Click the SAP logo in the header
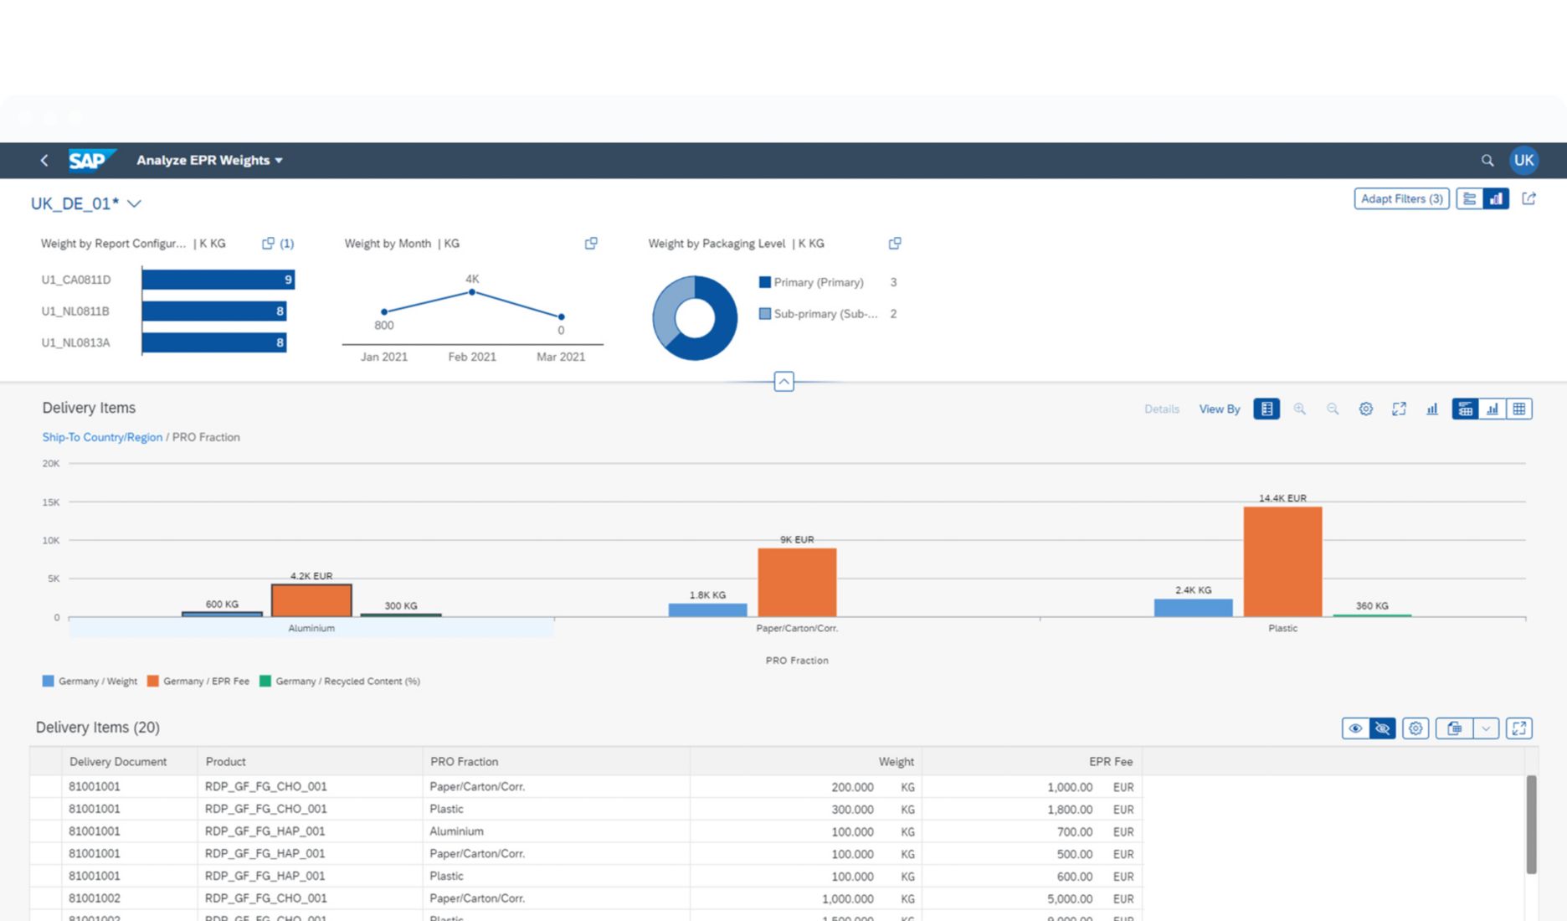coord(89,160)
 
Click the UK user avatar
coord(1523,160)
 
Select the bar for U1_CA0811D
coord(218,280)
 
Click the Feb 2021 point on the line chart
coord(472,292)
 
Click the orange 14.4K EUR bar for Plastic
coord(1282,561)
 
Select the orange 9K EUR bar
coord(797,583)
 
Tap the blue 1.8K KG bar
coord(707,610)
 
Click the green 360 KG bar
coord(1372,615)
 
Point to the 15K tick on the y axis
coord(51,502)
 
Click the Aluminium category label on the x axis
coord(311,628)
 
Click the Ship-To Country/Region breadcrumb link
coord(102,437)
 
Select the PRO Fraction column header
coord(464,762)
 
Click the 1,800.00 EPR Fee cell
coord(1069,810)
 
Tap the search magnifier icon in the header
coord(1487,160)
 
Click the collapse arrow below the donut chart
coord(783,382)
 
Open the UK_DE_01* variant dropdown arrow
coord(134,203)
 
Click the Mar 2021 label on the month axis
coord(561,357)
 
